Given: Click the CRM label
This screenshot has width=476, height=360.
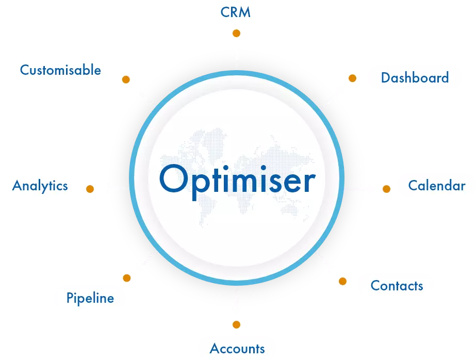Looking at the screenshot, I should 236,12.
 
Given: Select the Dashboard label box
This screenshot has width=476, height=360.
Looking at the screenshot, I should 415,78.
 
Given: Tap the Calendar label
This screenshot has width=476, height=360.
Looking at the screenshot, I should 436,185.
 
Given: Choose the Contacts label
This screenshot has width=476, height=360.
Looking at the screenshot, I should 397,286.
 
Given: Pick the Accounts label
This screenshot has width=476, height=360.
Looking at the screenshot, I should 237,349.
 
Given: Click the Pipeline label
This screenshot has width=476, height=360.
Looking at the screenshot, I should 90,298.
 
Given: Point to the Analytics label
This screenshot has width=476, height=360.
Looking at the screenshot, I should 40,185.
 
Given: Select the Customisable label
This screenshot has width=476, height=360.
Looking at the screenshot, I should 60,70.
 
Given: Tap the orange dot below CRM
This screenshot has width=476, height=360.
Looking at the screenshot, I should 236,34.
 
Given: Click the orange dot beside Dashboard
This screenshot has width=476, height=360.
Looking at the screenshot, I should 352,78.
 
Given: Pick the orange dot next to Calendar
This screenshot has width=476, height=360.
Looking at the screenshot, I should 386,189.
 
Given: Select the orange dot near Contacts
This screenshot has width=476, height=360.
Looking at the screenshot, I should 342,281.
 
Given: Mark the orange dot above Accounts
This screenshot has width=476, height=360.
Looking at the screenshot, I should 236,324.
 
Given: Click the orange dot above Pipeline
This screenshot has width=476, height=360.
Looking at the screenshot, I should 126,278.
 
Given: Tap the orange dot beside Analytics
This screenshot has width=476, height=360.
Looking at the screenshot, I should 90,189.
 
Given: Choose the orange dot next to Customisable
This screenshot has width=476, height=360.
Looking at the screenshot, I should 125,80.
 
